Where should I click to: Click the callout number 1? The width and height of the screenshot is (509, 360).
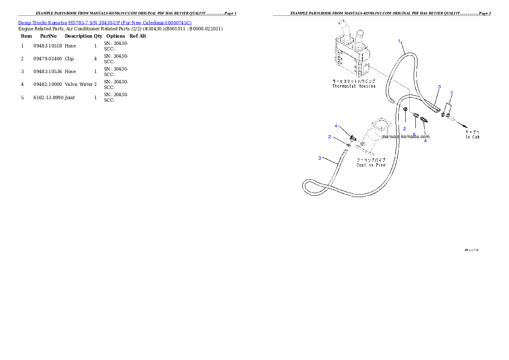pos(400,41)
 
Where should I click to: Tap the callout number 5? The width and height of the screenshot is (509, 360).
pos(414,134)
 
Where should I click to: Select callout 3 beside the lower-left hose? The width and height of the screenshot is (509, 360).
pos(320,158)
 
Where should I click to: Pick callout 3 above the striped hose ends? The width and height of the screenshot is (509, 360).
pos(439,87)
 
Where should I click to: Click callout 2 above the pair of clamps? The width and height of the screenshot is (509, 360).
pos(451,93)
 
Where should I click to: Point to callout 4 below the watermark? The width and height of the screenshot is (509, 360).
pos(425,141)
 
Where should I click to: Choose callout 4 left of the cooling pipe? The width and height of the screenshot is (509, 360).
pos(336,126)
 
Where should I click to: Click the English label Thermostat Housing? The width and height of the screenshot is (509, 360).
pos(354,86)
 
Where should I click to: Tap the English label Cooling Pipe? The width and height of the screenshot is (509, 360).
pos(371,165)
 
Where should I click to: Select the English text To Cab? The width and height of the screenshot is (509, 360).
pos(472,137)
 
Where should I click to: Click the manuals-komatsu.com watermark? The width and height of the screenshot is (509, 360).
pos(405,137)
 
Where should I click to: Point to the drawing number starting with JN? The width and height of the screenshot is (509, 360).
pos(471,250)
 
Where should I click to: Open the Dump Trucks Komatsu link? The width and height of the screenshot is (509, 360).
pos(105,22)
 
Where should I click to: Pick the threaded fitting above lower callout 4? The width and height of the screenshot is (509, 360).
pos(424,120)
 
